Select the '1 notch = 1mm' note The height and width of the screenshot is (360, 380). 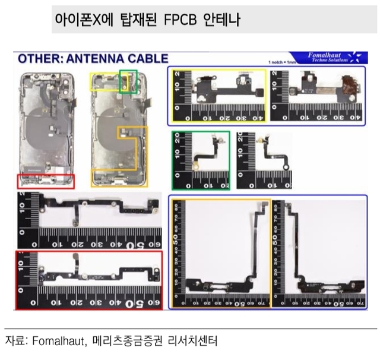point(282,62)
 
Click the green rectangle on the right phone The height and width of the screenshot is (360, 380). point(128,81)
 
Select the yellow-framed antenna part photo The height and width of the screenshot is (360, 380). point(217,96)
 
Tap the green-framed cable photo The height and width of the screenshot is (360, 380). point(201,160)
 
